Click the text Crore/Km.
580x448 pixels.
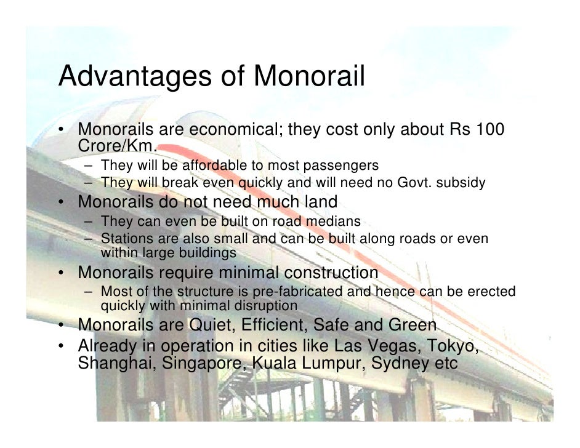tap(118, 146)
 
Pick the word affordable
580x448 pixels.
tap(210, 166)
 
